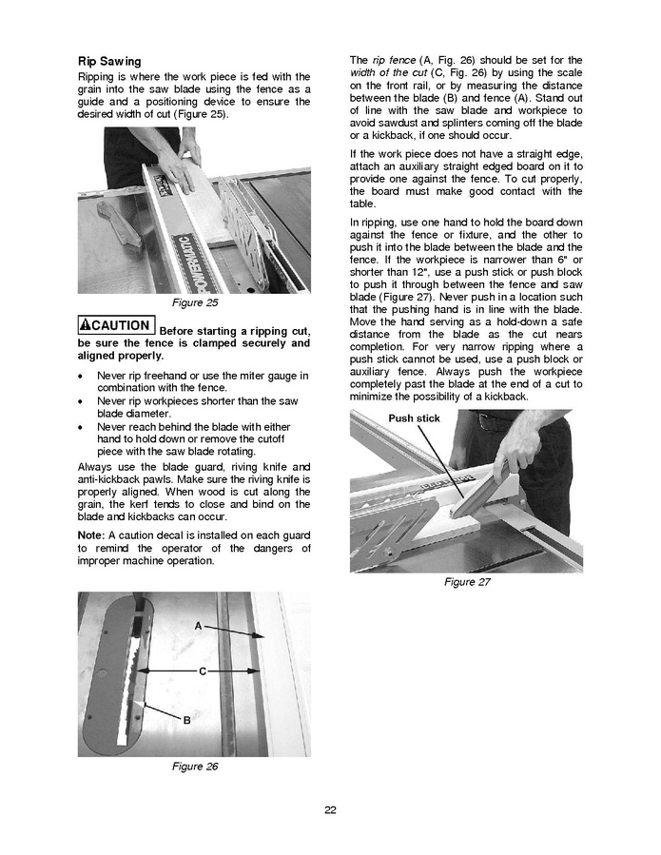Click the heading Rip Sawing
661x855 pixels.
(x=109, y=61)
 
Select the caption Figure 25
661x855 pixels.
(x=194, y=303)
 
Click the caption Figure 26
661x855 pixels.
(x=194, y=767)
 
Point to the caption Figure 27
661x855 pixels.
(x=467, y=582)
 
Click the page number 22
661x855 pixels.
(x=330, y=810)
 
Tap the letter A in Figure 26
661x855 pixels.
(x=198, y=626)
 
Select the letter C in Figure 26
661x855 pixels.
(x=203, y=671)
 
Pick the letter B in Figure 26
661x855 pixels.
(x=186, y=720)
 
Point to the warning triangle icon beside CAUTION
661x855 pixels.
(x=87, y=326)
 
